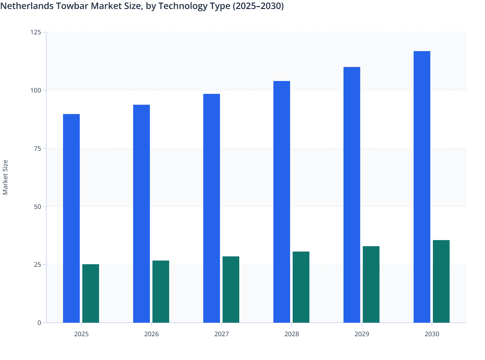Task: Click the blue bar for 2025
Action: (71, 219)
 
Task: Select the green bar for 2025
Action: (91, 293)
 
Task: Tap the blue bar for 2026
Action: (142, 214)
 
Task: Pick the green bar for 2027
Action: (231, 290)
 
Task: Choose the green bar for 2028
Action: (301, 287)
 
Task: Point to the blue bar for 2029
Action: (352, 195)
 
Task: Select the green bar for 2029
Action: (371, 284)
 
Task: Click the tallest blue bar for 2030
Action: (422, 187)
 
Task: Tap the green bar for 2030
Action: (441, 281)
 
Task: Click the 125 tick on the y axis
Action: (36, 32)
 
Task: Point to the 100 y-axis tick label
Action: (36, 90)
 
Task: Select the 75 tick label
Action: (37, 148)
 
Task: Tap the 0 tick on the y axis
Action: (39, 323)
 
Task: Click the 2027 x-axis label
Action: (222, 334)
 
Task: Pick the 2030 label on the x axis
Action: (432, 334)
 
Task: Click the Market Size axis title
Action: (5, 177)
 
